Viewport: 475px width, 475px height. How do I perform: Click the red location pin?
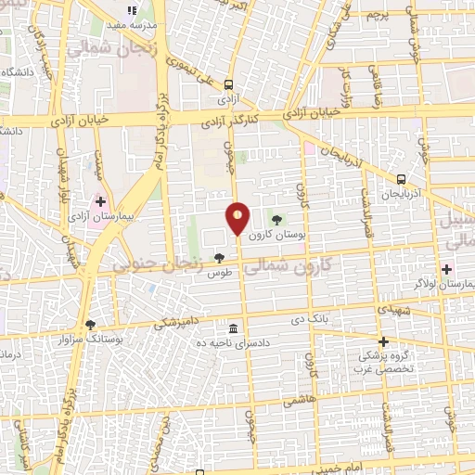[x=238, y=218]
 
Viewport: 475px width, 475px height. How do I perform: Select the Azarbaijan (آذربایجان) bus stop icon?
[x=401, y=179]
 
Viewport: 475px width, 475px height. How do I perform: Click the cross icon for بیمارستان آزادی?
[x=100, y=200]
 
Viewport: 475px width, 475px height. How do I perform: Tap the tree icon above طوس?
[x=219, y=259]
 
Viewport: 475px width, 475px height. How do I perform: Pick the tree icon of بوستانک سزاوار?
[x=90, y=325]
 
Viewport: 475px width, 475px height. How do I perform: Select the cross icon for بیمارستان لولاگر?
[x=445, y=269]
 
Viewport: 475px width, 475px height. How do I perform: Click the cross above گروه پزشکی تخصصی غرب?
[x=382, y=341]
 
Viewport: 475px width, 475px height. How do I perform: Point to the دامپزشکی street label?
[x=174, y=322]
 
